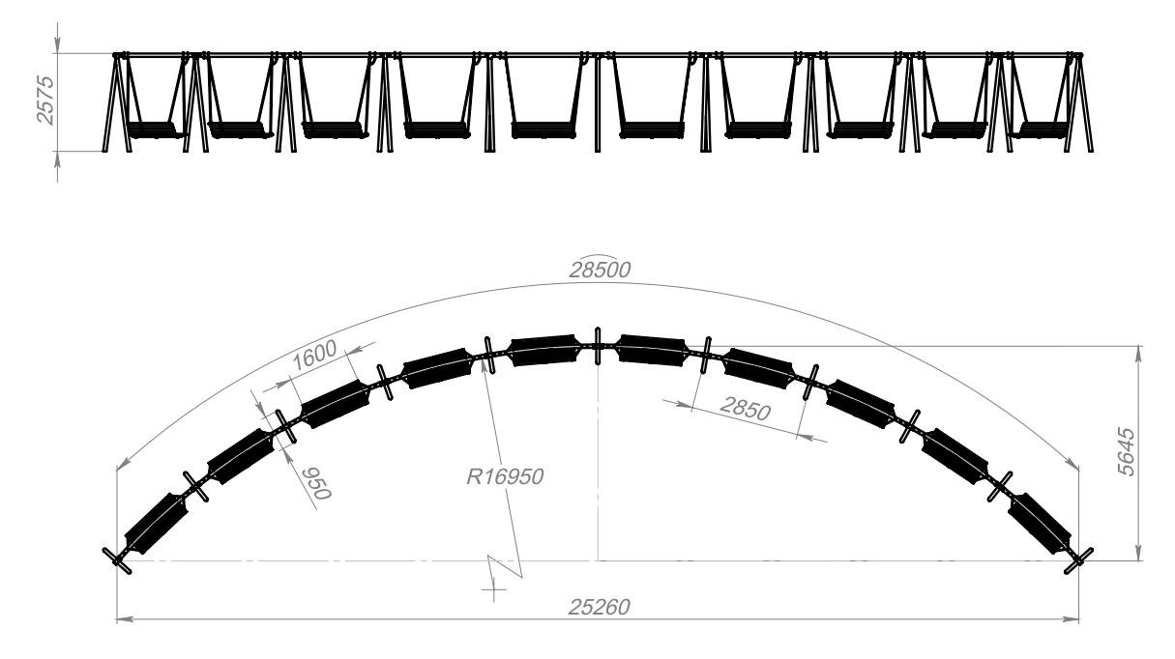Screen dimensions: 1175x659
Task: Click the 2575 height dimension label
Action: [45, 100]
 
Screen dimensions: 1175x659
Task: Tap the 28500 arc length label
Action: [600, 270]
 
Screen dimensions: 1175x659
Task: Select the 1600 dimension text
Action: [314, 356]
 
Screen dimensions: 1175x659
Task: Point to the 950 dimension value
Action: [316, 483]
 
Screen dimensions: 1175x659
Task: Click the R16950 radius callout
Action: [505, 477]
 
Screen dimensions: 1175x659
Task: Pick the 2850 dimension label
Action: [746, 409]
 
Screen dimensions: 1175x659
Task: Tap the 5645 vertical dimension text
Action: [1127, 452]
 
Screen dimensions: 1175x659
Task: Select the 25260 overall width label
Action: [599, 607]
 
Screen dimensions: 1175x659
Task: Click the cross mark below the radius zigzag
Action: [494, 590]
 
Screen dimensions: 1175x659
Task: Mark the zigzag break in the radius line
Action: [505, 566]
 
